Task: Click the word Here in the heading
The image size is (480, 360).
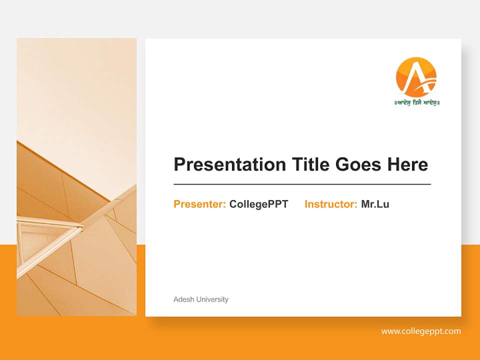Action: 407,164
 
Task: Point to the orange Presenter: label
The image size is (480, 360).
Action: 199,204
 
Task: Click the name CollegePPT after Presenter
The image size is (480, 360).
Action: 258,204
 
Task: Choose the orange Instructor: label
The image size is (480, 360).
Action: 330,204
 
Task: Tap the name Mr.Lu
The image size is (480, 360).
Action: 375,204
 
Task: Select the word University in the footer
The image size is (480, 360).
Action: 212,299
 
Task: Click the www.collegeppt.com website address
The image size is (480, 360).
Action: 420,331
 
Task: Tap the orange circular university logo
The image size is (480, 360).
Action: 416,77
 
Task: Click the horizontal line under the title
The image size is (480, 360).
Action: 302,184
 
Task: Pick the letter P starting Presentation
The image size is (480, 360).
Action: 179,164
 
